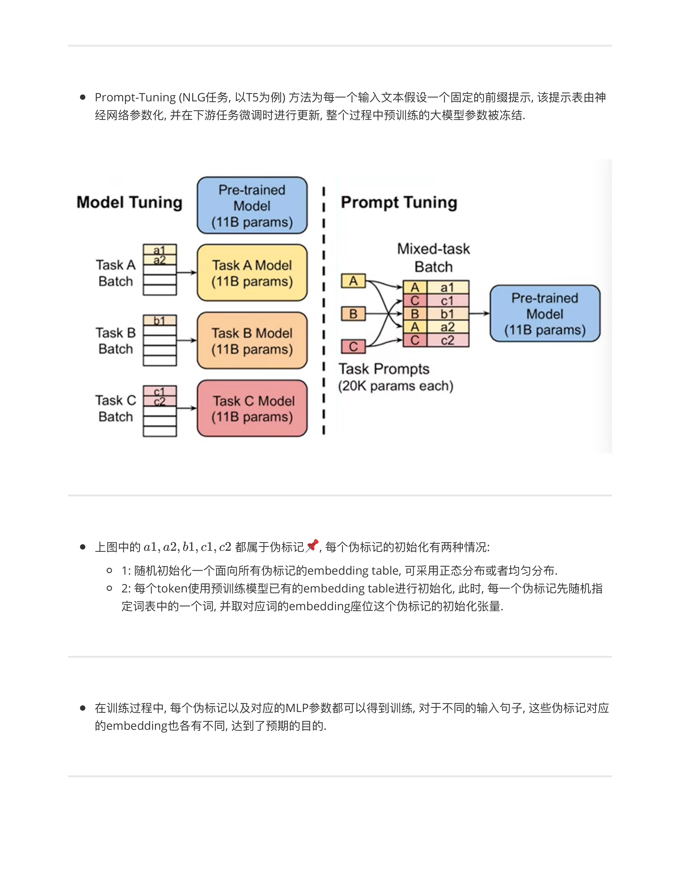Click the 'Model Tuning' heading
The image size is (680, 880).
pos(129,202)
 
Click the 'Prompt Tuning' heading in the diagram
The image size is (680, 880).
pos(399,202)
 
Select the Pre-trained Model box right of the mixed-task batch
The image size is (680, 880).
pos(545,314)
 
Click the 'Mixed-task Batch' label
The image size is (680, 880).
pos(434,258)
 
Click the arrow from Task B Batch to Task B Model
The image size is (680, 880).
pos(186,340)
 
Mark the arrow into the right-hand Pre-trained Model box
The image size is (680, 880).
pos(479,314)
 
